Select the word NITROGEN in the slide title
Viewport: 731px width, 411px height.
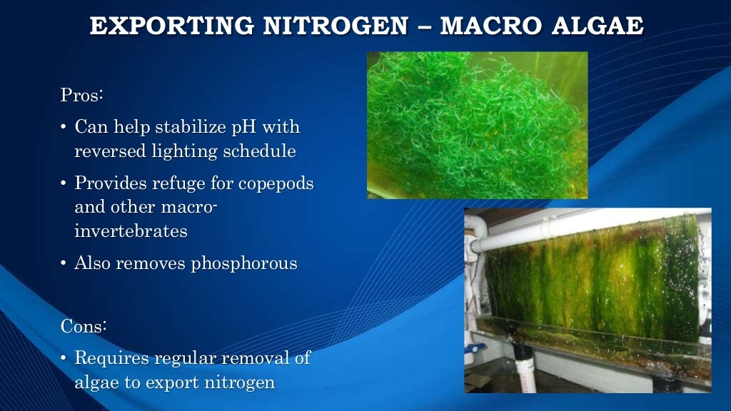[x=338, y=26]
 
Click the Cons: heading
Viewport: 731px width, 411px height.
[x=84, y=326]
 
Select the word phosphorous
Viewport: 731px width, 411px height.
[x=244, y=263]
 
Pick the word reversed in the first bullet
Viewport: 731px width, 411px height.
[x=108, y=151]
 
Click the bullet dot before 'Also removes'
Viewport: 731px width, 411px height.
[x=64, y=264]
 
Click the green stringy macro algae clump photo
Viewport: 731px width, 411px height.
[x=477, y=125]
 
